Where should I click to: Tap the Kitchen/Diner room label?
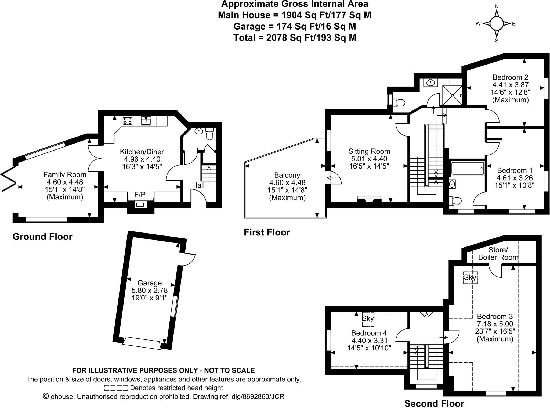point(142,152)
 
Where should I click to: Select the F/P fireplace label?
point(140,194)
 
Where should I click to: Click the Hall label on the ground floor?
point(198,185)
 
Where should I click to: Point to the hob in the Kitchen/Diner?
point(128,121)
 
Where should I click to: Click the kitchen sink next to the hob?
point(146,121)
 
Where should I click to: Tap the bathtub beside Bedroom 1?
point(468,169)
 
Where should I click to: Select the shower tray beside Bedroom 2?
point(453,95)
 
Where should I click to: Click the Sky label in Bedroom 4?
point(368,319)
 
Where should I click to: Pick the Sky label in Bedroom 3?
point(470,277)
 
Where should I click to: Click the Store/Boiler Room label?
point(498,254)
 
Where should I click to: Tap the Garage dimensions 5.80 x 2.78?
point(150,290)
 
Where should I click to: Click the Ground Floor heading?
point(42,237)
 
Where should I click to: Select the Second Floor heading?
point(434,403)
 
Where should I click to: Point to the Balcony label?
point(287,175)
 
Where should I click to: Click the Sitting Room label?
point(369,151)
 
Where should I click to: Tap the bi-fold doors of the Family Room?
point(8,178)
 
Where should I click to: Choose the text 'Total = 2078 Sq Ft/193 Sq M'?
point(295,38)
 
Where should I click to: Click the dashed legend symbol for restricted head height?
point(116,388)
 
